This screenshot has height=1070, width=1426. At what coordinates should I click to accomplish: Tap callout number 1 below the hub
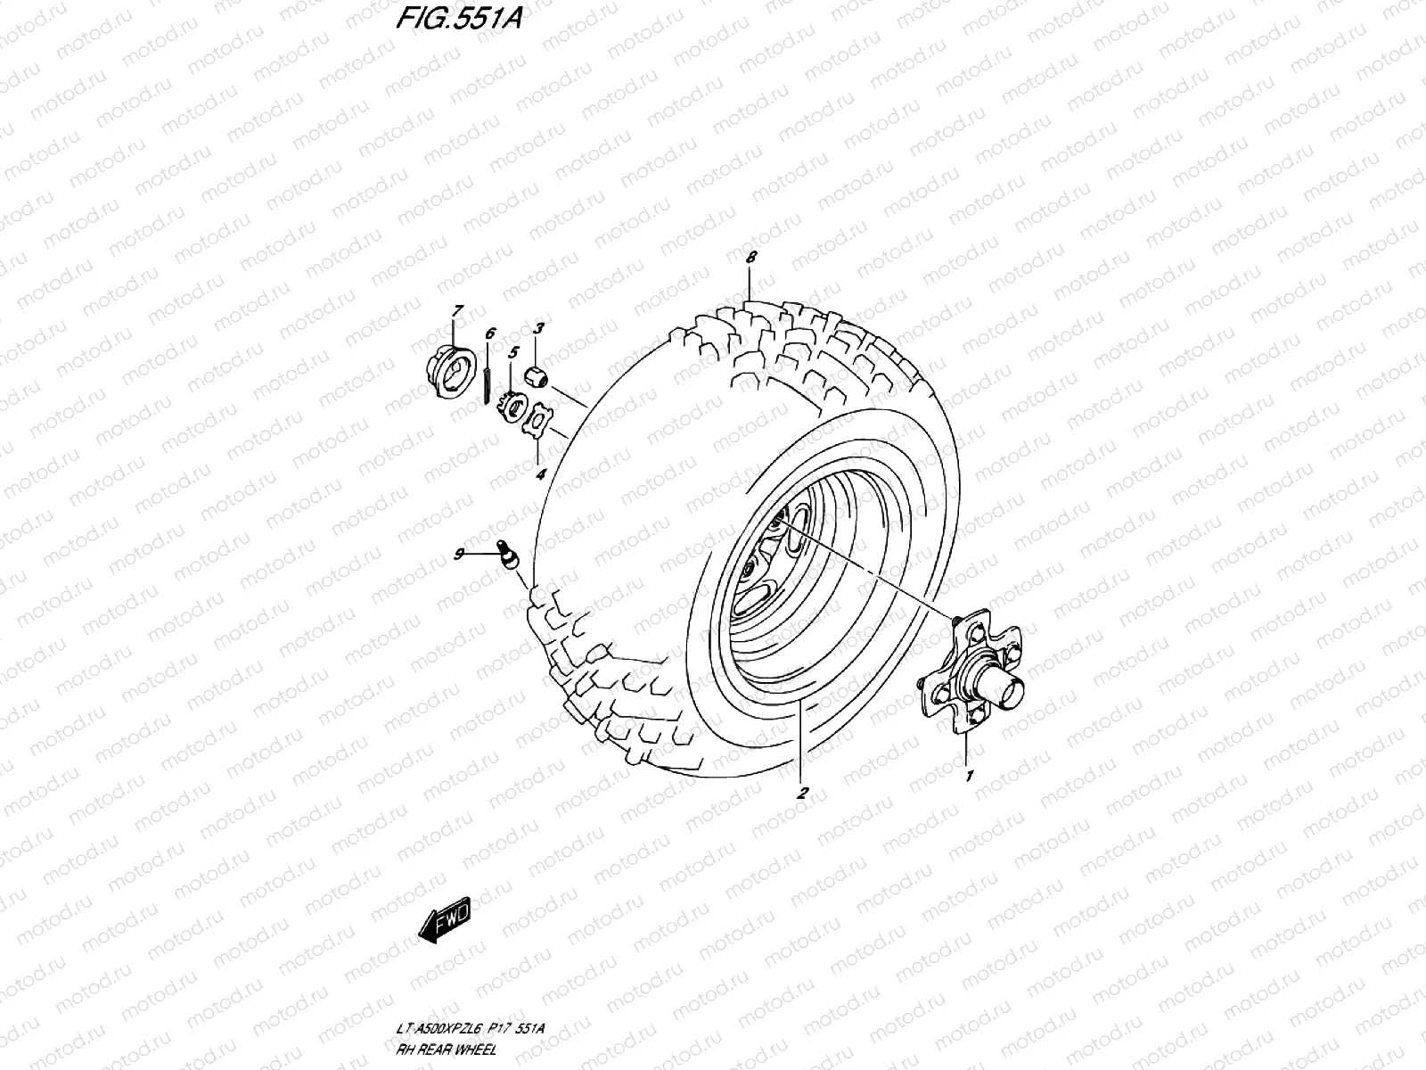tap(970, 776)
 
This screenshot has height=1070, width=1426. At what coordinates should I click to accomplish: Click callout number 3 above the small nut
tap(537, 329)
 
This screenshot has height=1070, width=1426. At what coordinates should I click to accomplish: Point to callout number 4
tap(541, 474)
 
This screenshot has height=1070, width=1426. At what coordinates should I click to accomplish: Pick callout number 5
tap(512, 353)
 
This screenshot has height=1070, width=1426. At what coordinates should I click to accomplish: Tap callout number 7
tap(456, 311)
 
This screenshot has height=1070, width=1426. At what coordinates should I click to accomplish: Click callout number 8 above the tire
tap(750, 257)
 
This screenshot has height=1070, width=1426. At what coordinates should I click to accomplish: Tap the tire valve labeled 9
tap(509, 555)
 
